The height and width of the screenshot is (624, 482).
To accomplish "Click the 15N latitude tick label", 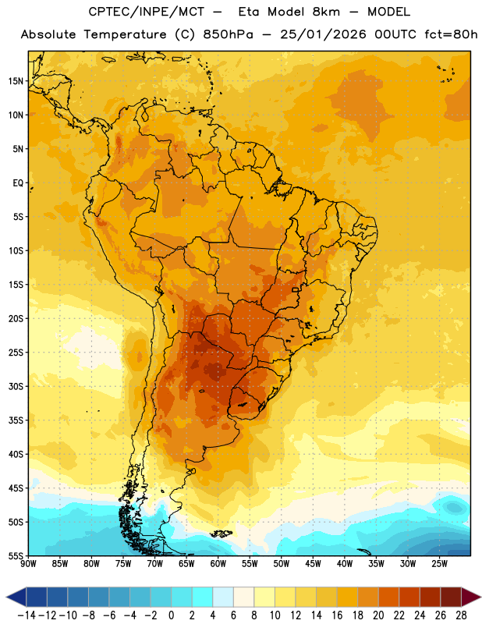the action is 16,81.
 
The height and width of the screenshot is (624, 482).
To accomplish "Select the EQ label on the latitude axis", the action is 18,183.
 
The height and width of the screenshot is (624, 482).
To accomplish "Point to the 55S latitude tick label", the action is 16,555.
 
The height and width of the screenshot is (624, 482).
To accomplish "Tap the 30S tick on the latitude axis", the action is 16,386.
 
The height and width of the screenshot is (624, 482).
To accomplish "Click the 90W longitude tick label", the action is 28,564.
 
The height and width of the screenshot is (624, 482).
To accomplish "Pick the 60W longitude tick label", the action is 218,564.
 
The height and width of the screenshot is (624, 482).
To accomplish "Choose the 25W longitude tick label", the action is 439,564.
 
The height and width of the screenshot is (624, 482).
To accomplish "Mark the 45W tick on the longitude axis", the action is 313,564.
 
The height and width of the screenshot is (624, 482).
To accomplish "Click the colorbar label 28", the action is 461,615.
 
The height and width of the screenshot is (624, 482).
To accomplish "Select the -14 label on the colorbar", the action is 27,615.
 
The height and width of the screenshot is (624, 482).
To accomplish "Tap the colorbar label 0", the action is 171,615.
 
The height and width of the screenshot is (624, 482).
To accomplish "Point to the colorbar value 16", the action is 337,615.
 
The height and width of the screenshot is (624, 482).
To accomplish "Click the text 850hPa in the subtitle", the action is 228,34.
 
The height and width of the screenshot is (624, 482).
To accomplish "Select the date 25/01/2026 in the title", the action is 323,34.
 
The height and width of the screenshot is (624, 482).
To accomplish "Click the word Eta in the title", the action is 249,12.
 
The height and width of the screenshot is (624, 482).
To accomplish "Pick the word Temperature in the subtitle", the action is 125,35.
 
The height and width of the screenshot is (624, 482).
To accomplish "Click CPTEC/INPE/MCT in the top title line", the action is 147,12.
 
